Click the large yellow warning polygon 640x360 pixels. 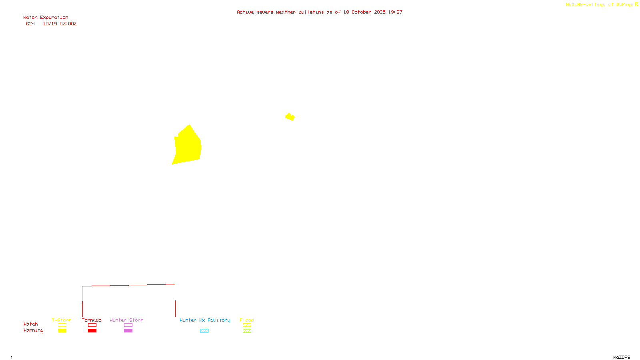[x=187, y=146]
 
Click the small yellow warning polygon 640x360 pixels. [x=290, y=117]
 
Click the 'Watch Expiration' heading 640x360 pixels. [x=46, y=18]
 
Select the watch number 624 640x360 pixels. [x=30, y=24]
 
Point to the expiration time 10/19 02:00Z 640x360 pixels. [x=60, y=24]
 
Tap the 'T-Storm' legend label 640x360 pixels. [x=62, y=320]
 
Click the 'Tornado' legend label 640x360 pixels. [x=92, y=320]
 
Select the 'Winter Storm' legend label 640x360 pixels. [x=126, y=320]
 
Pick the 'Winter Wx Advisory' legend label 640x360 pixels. [x=205, y=320]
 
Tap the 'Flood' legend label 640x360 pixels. [x=247, y=320]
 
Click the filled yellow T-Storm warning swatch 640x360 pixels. [x=62, y=331]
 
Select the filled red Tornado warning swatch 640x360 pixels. [x=92, y=331]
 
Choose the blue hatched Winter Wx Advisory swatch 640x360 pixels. [x=204, y=331]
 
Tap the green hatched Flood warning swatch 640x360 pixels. [x=247, y=331]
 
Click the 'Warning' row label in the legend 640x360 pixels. [x=33, y=330]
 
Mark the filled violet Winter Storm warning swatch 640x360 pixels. [x=128, y=331]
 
